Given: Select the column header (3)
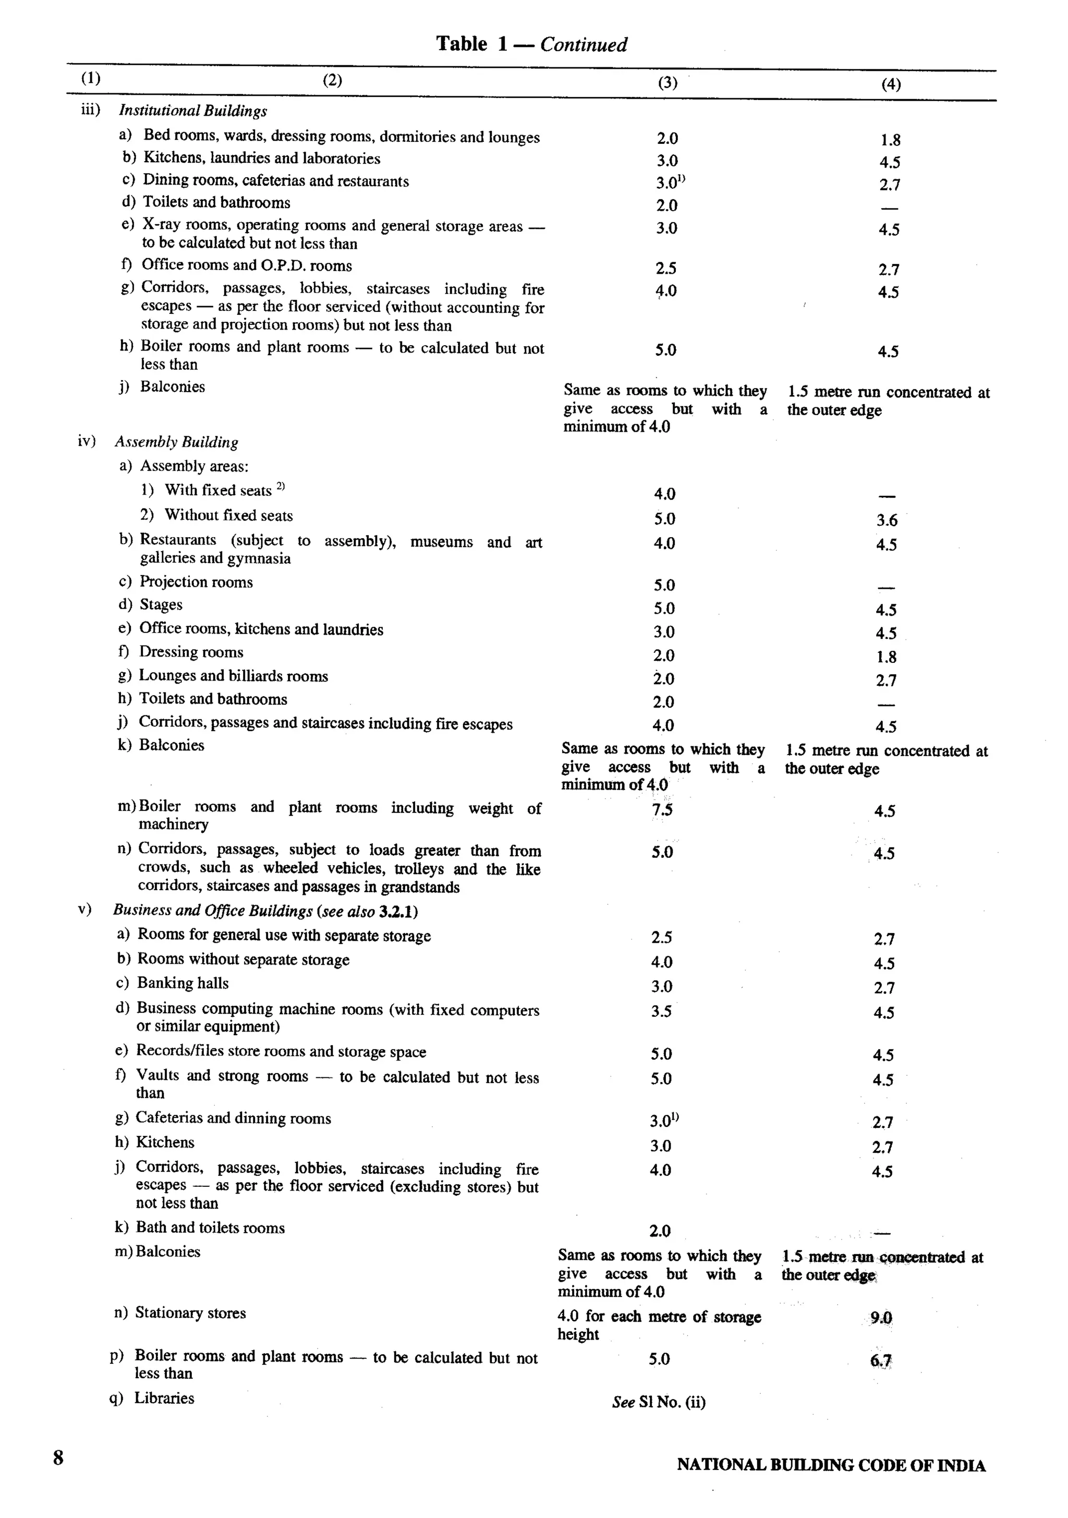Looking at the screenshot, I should [x=667, y=82].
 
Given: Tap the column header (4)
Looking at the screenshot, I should [x=891, y=84].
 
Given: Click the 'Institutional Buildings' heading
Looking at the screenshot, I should [x=192, y=111].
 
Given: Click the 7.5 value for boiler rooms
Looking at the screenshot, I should [x=662, y=810].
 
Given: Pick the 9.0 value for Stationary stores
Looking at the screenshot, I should [x=881, y=1318].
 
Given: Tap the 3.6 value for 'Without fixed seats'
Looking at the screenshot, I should [x=887, y=520].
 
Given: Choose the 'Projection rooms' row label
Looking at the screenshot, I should [x=196, y=582].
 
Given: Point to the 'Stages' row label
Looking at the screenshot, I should [x=161, y=605].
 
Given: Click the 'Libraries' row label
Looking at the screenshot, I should [x=164, y=1399].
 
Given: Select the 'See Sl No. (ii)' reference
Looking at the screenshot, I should [x=659, y=1402].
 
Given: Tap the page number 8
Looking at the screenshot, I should [x=58, y=1458].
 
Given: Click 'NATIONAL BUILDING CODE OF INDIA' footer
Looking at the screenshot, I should [x=831, y=1466].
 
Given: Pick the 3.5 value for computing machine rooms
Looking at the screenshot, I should [x=661, y=1012].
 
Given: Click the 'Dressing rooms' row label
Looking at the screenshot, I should [x=191, y=652].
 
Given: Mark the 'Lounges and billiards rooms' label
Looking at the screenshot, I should [x=233, y=676].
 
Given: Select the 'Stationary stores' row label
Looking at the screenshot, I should [x=190, y=1313].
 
